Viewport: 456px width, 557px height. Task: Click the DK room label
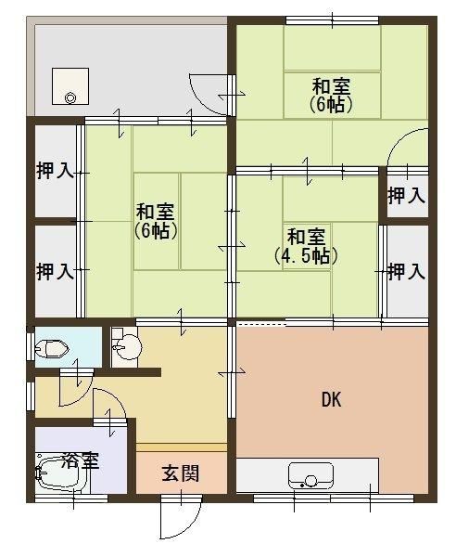pos(331,399)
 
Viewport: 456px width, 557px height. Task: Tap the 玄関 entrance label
pos(181,473)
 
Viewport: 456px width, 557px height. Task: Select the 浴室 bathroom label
pos(80,460)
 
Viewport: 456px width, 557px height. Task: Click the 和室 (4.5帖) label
pos(306,247)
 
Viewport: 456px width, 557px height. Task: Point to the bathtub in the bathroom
pos(62,474)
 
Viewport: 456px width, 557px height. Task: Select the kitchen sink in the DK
pos(310,475)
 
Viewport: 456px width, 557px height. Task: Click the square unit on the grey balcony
pos(70,86)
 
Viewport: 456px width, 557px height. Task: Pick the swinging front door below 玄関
pos(181,517)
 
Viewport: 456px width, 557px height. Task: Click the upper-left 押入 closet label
pos(55,171)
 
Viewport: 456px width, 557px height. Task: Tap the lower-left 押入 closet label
pos(55,272)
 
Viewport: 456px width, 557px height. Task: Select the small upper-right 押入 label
pos(406,195)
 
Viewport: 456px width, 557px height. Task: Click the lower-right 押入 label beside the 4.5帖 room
pos(406,272)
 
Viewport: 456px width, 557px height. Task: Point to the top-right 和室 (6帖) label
pos(331,96)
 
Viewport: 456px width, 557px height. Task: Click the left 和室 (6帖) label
pos(156,221)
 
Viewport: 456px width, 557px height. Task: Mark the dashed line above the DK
pos(261,324)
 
